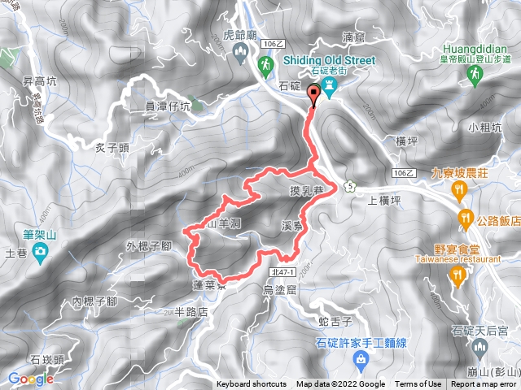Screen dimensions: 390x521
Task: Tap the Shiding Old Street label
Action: pyautogui.click(x=329, y=59)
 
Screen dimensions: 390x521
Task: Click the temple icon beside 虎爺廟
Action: pyautogui.click(x=240, y=53)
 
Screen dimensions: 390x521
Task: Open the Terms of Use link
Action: pyautogui.click(x=418, y=384)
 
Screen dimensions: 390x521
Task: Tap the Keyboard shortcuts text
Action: pyautogui.click(x=252, y=384)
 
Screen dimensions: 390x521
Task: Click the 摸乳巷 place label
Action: pyautogui.click(x=307, y=192)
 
